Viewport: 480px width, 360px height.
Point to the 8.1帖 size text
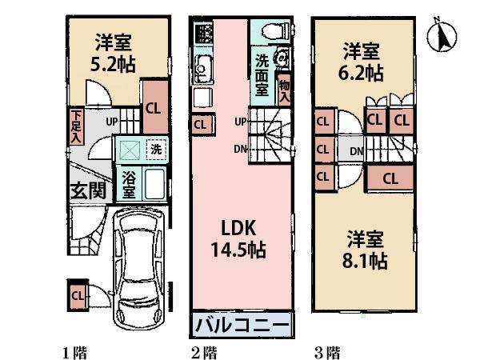click(x=367, y=261)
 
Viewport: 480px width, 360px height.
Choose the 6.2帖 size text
click(x=362, y=74)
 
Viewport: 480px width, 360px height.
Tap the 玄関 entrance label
click(x=87, y=191)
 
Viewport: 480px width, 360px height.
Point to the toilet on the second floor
click(x=270, y=30)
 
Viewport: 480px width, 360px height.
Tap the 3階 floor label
click(x=326, y=351)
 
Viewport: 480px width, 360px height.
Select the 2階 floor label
click(x=203, y=351)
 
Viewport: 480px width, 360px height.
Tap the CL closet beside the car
click(x=78, y=296)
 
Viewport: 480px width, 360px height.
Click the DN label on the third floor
click(x=357, y=150)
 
